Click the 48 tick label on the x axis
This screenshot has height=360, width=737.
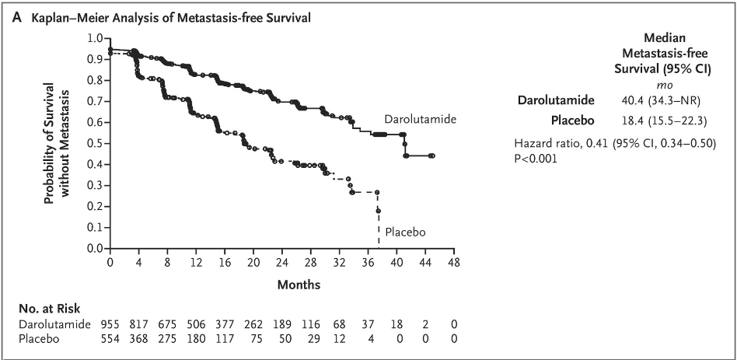(454, 263)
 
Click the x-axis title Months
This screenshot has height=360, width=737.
(282, 285)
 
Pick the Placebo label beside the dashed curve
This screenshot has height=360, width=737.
(405, 232)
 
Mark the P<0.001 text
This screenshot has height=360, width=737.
(536, 158)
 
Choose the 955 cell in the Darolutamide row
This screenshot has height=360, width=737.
(111, 323)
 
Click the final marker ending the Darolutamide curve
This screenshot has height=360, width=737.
(431, 156)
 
